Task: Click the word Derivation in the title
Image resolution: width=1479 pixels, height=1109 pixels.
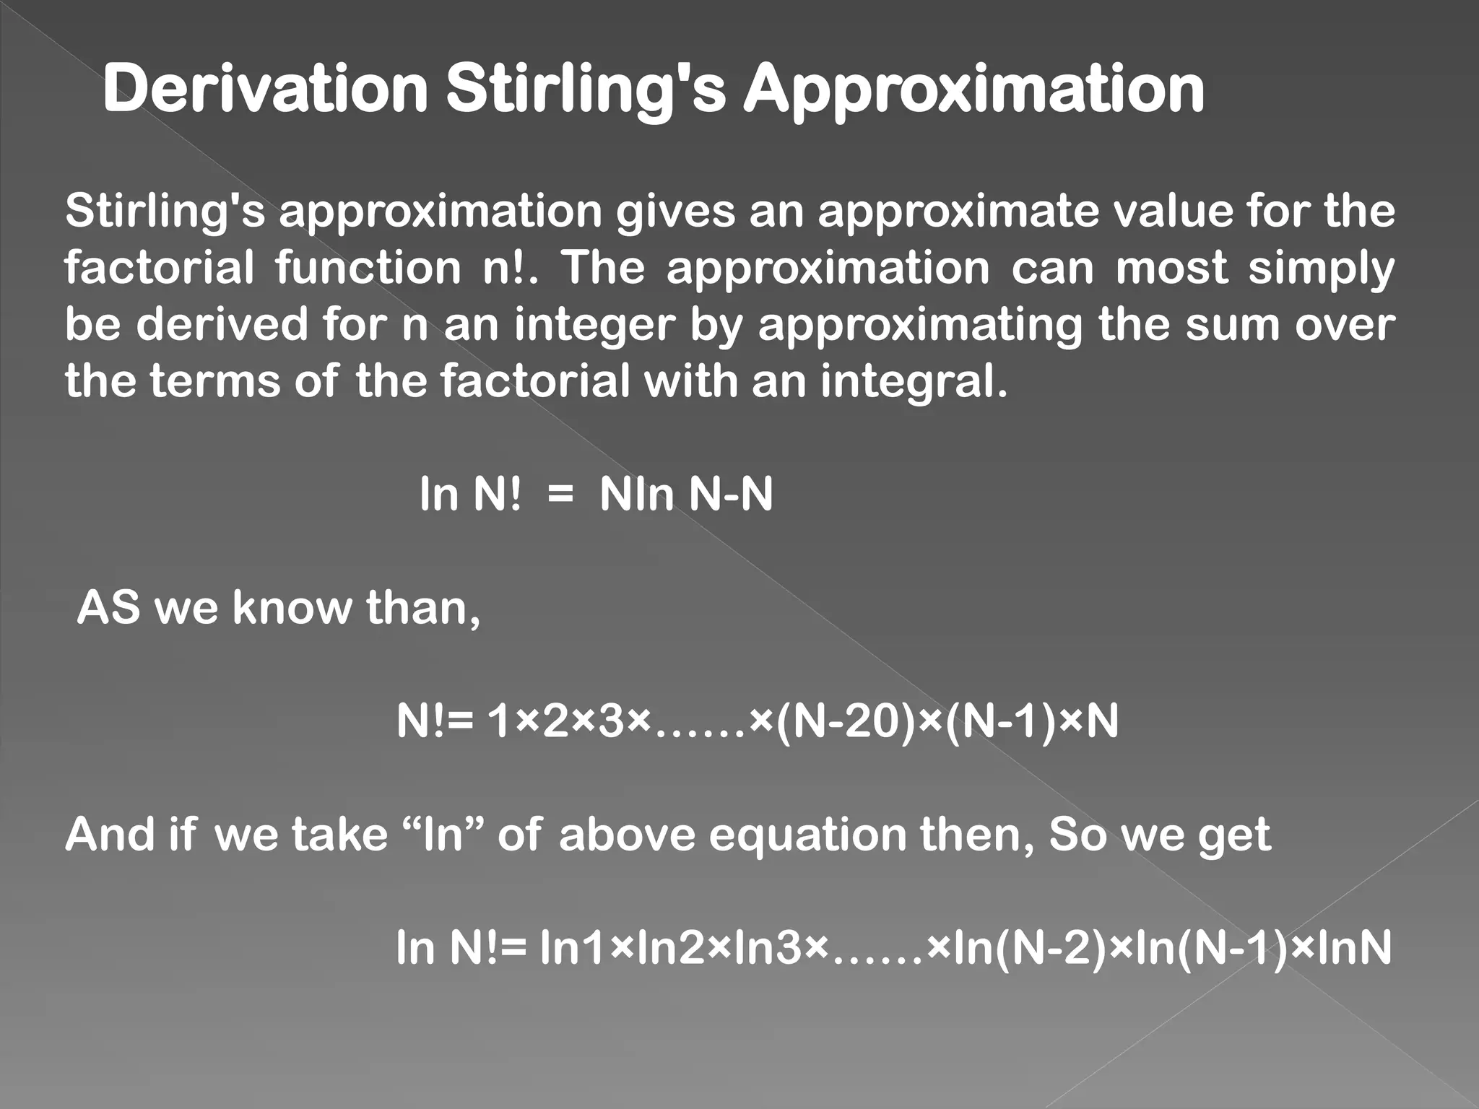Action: (x=265, y=90)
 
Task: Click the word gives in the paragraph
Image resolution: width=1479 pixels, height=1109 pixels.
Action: (x=674, y=212)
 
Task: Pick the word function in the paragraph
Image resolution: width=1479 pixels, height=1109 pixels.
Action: (x=368, y=268)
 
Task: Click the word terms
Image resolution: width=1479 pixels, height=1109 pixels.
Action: (x=214, y=380)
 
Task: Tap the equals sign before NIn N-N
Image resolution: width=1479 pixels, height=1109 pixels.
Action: (x=560, y=496)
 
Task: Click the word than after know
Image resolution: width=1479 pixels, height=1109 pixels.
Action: (x=422, y=608)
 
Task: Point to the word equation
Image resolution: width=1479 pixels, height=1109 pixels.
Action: (x=807, y=835)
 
